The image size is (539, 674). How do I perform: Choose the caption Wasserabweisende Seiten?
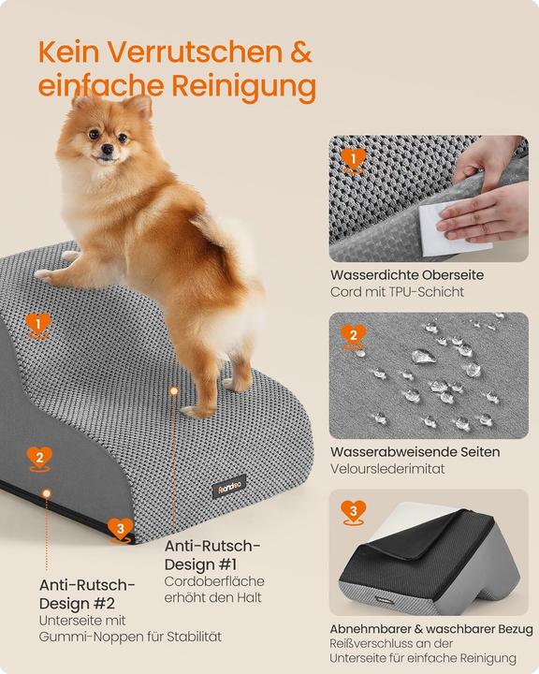tap(414, 451)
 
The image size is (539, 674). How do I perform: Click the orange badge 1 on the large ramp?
tap(38, 325)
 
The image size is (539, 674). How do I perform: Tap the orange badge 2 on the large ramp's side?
tap(38, 458)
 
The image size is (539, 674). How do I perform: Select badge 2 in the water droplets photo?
tap(353, 335)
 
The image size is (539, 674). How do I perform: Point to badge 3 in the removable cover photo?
tap(353, 511)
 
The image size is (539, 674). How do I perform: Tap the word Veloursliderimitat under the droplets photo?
tap(386, 468)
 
